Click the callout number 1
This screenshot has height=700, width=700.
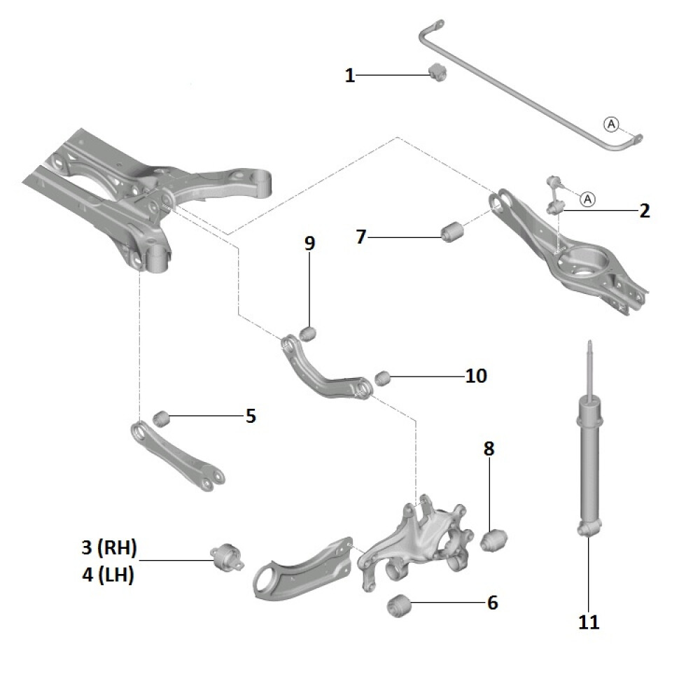[350, 75]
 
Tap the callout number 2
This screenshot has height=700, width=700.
[644, 210]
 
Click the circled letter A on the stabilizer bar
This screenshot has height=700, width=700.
[611, 124]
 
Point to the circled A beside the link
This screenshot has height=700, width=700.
[587, 199]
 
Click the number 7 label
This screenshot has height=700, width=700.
[361, 237]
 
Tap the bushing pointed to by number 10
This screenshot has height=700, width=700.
[381, 379]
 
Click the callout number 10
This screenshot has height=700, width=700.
[476, 376]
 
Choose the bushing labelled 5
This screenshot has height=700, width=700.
[162, 417]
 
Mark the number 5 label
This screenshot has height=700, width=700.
[251, 416]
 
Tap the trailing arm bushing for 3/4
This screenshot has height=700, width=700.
[226, 557]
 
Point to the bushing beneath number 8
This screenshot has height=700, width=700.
[495, 540]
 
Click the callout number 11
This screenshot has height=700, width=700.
[589, 622]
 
